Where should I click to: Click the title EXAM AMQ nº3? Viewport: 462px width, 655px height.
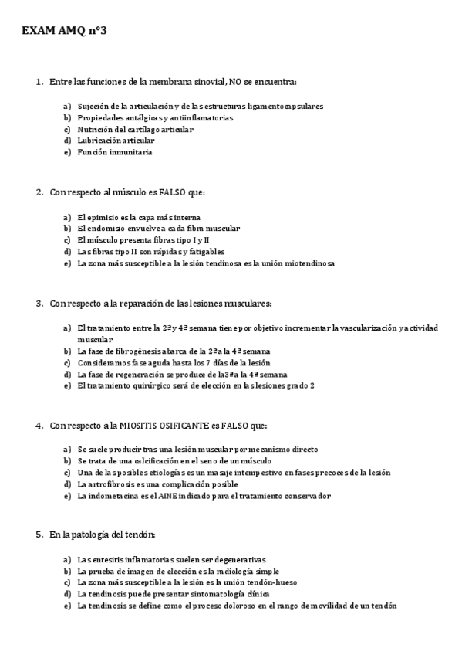(x=64, y=31)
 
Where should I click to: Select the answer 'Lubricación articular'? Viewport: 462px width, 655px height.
(x=116, y=141)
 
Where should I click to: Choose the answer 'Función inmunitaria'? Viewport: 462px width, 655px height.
(x=115, y=152)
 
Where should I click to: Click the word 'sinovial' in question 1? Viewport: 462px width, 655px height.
(x=207, y=81)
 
